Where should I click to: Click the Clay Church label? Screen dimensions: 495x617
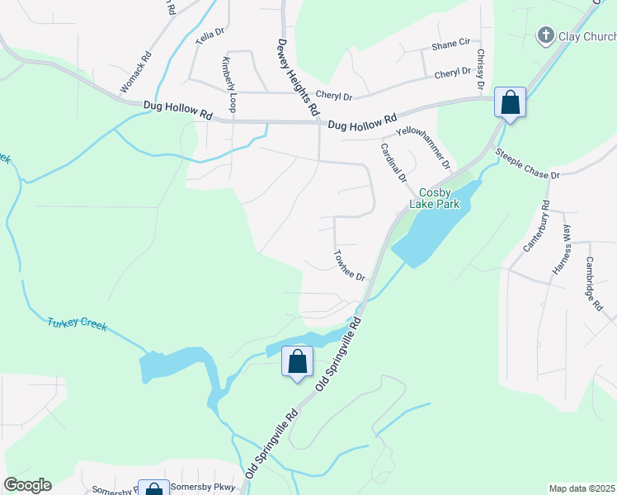coord(587,36)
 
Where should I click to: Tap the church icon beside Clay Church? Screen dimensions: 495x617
coord(544,35)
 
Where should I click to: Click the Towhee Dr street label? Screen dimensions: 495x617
coord(349,265)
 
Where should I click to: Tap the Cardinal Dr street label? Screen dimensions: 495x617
coord(393,162)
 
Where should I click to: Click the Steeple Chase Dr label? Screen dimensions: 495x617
coord(527,164)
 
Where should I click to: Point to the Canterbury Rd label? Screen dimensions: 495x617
coord(535,225)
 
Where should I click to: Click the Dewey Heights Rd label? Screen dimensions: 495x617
coord(297,76)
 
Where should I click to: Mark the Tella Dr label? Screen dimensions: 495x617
coord(210,35)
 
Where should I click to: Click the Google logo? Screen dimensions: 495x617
coord(27,485)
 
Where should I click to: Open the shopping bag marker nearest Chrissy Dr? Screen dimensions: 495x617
coord(511,103)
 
